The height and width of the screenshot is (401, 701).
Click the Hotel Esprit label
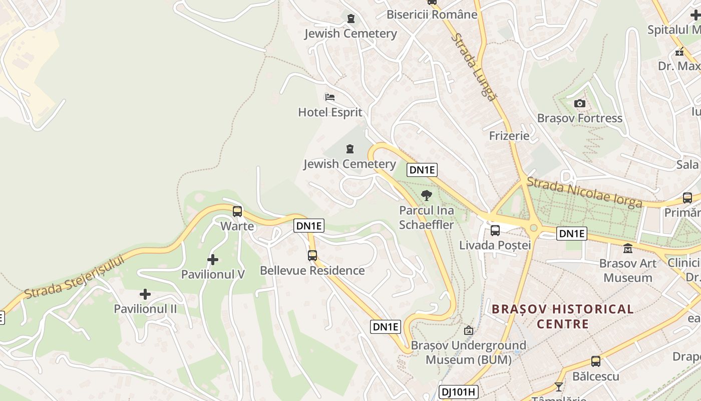[330, 112]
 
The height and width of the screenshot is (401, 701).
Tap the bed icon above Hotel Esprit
[329, 97]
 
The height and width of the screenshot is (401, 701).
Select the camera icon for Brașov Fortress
[580, 103]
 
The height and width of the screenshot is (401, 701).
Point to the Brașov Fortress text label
[579, 118]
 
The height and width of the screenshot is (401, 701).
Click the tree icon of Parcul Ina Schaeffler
[426, 195]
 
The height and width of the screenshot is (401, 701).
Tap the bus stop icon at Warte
[237, 212]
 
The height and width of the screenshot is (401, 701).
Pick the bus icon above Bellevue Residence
[312, 256]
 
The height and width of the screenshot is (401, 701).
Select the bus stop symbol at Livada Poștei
[495, 231]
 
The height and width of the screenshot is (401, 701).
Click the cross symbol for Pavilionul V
[213, 260]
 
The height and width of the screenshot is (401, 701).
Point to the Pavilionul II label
[145, 309]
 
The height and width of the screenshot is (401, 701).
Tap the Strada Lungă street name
[473, 67]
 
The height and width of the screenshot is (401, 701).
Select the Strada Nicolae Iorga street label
[584, 192]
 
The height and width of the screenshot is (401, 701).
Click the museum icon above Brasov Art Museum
[627, 249]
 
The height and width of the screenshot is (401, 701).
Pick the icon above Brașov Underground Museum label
[468, 331]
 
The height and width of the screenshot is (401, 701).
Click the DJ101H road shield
[458, 392]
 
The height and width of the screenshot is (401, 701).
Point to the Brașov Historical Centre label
[563, 316]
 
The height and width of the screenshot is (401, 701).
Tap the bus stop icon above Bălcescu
[595, 361]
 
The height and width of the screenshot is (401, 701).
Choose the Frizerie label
[509, 136]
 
